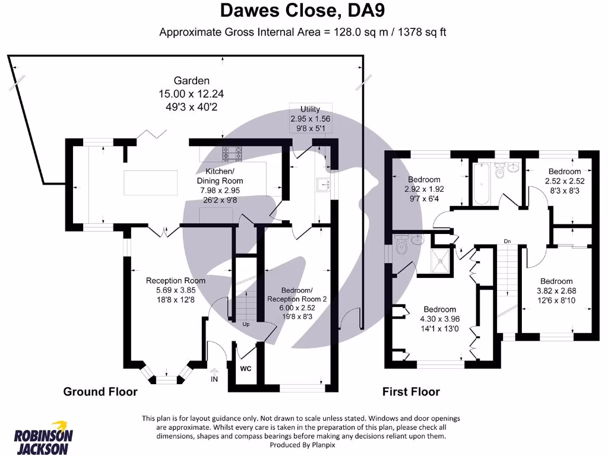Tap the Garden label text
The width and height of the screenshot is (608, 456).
tap(191, 81)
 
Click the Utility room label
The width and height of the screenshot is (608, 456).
tap(310, 109)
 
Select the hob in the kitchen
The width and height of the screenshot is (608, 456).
tap(233, 154)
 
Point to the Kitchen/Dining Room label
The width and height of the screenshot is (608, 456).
tap(220, 176)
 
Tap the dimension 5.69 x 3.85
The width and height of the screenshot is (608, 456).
tap(176, 290)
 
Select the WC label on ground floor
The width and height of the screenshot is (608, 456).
tap(246, 368)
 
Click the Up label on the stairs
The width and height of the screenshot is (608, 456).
tap(245, 324)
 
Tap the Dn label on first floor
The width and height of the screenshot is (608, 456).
tap(507, 241)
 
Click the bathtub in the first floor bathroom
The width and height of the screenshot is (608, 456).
tap(481, 184)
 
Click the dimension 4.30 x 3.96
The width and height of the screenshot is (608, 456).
tap(439, 319)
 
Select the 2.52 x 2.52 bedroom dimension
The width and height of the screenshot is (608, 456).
tap(565, 181)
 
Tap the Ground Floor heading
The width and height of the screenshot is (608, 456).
tap(100, 391)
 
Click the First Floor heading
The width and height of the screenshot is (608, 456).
tap(411, 391)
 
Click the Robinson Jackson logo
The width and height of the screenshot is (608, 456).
tap(43, 437)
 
